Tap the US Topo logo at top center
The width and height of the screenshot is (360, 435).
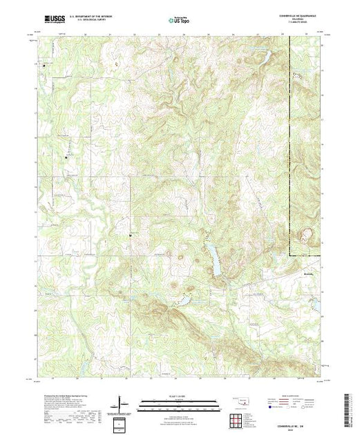coord(179,21)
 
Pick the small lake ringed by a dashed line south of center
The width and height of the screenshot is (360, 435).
coord(183,302)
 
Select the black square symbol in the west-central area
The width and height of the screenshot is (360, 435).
coord(66,158)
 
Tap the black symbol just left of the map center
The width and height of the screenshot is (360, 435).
coord(131,236)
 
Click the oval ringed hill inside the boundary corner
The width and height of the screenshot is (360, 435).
coord(304,238)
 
